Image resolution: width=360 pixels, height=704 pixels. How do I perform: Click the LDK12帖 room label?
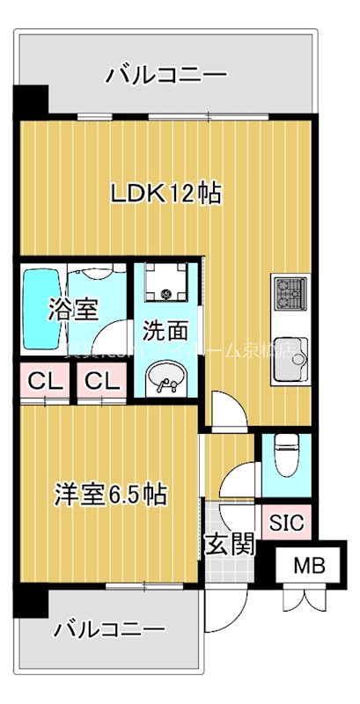(165, 193)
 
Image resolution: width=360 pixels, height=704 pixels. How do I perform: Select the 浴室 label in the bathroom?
(72, 309)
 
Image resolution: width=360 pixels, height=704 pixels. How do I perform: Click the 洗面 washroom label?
(165, 332)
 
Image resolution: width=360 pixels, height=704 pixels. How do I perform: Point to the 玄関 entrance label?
(231, 545)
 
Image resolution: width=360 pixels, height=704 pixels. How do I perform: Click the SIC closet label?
(285, 523)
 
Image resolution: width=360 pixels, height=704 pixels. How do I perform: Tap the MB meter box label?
(308, 567)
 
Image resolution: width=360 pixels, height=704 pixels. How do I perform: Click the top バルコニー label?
(166, 75)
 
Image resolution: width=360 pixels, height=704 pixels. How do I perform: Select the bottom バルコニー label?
(109, 630)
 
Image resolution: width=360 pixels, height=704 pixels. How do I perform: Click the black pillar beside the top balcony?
(31, 99)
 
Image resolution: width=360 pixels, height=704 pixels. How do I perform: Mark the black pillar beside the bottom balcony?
(30, 602)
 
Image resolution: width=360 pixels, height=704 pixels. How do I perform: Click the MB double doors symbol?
(308, 603)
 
